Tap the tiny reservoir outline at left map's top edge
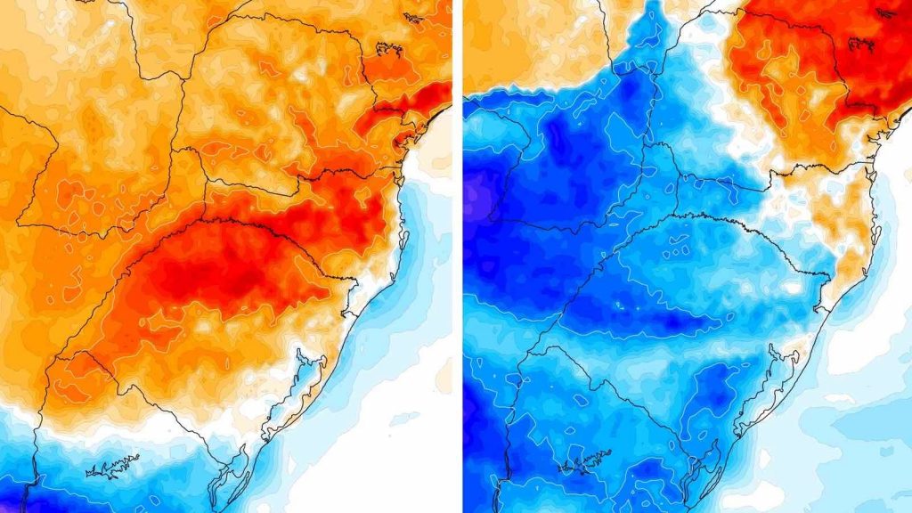pos(411,15)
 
